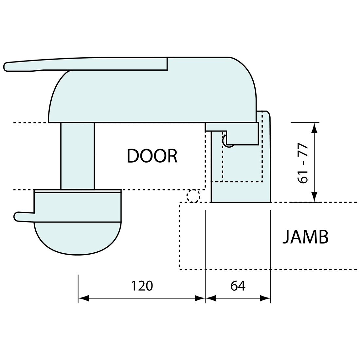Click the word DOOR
click(152, 156)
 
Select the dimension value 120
click(142, 286)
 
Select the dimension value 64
click(238, 286)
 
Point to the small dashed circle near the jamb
click(193, 196)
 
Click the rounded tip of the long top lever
click(6, 66)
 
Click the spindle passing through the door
click(78, 156)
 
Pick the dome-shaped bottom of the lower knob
click(78, 239)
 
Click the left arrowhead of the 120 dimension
click(83, 298)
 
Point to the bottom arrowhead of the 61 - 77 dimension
click(315, 197)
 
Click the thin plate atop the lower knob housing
click(78, 191)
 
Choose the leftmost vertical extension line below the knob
click(78, 289)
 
